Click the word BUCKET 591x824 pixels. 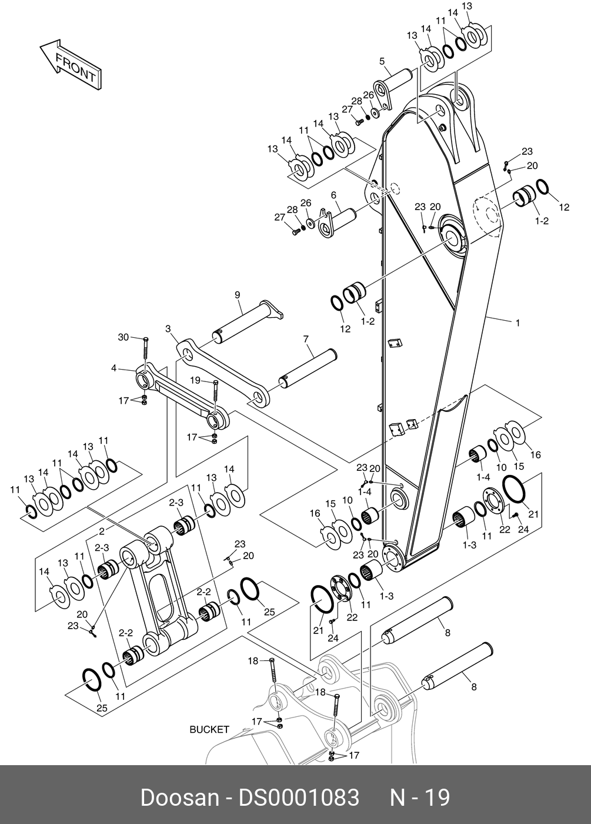[209, 729]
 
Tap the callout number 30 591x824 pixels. [123, 337]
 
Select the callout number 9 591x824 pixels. [238, 294]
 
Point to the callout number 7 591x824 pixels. [306, 339]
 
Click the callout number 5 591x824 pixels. [382, 61]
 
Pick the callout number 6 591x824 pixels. [333, 195]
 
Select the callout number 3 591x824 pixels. [168, 328]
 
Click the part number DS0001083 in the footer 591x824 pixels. [298, 798]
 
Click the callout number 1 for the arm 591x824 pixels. [517, 322]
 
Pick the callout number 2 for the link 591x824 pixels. [102, 531]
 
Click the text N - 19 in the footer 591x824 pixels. [420, 798]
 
